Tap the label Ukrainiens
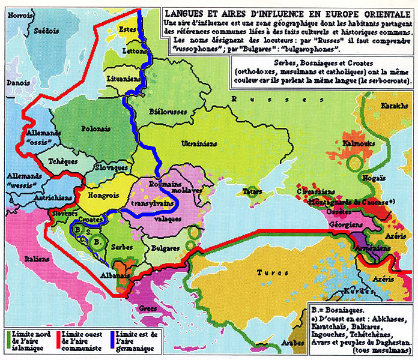[203, 143]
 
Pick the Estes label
[127, 29]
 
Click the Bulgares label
[165, 247]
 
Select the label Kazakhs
[394, 106]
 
